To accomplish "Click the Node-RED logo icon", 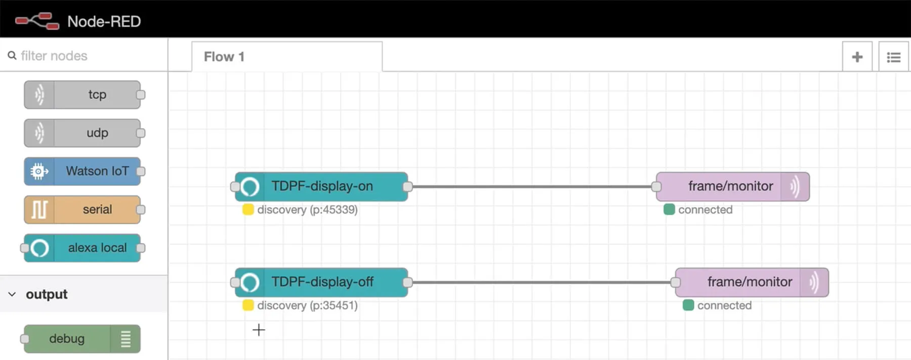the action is point(37,21).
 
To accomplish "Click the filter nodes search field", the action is point(84,56).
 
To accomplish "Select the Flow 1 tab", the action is point(287,57).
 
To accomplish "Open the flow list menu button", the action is point(893,57).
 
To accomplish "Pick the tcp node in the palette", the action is point(82,95).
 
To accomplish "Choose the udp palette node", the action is point(82,133).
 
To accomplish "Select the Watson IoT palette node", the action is point(82,171).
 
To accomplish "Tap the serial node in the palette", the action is point(82,210).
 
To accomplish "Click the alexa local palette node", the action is point(82,248).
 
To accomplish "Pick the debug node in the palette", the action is point(82,339).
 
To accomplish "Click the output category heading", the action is point(47,294).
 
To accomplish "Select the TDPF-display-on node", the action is point(321,186).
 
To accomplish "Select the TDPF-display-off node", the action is point(321,282).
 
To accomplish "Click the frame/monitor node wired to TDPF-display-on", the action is point(733,186).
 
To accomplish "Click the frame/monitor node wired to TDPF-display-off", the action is point(752,282).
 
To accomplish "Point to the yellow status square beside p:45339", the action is point(248,210).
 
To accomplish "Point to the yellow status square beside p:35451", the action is point(248,305).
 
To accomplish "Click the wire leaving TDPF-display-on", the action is point(532,186).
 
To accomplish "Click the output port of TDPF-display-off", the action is point(407,282).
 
